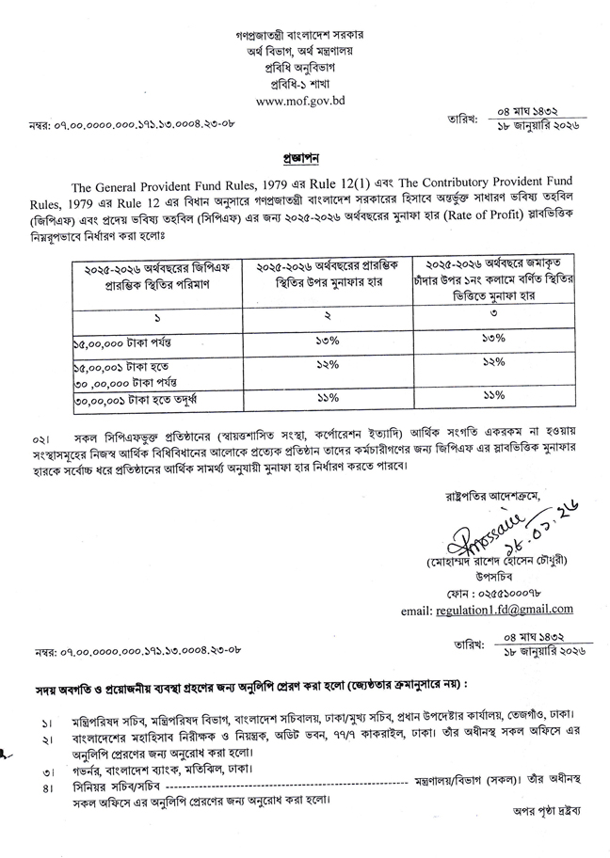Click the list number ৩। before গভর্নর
(47, 769)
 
